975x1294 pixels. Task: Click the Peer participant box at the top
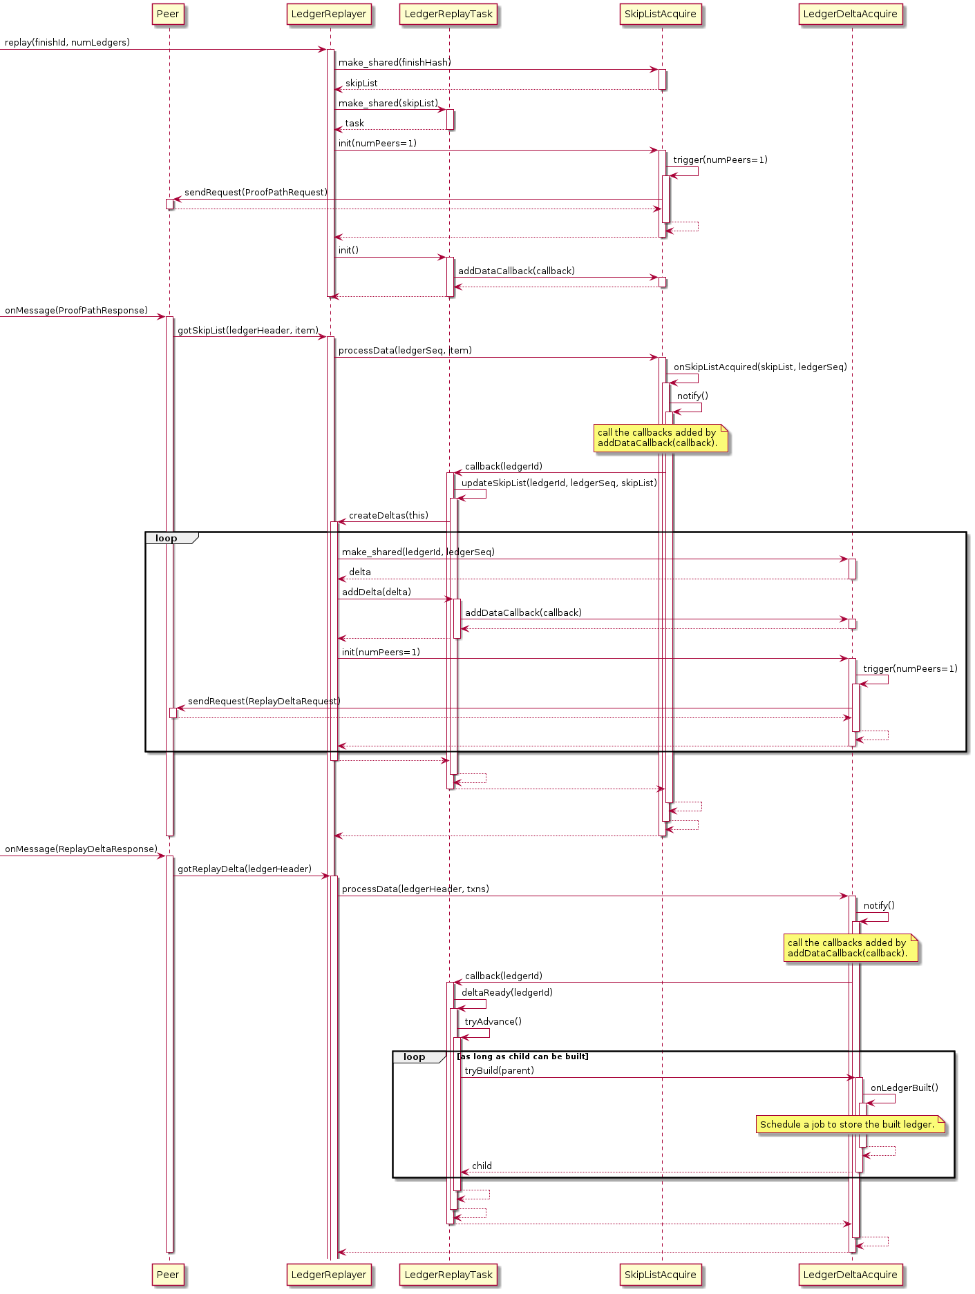point(168,14)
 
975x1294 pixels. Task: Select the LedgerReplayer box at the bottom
point(329,1275)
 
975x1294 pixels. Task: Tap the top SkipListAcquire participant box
point(660,14)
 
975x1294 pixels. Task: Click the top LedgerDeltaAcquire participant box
point(850,14)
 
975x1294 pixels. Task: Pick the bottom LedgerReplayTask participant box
point(448,1275)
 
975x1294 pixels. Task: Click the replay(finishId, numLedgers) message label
point(67,43)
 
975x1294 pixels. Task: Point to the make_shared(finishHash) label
point(395,63)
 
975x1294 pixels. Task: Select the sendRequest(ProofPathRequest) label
point(256,193)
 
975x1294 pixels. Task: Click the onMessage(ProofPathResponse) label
point(76,311)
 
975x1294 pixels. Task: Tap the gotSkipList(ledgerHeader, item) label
point(248,331)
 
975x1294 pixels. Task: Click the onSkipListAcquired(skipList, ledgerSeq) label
point(760,367)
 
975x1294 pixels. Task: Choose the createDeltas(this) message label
point(388,516)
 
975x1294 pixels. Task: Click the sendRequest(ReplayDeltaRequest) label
point(264,702)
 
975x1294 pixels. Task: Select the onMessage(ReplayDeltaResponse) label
point(81,849)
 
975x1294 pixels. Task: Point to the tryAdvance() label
point(493,1022)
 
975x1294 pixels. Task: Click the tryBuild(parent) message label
point(499,1071)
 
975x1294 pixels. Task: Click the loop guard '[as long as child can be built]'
point(522,1056)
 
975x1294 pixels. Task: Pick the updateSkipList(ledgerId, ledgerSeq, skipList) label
point(559,483)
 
